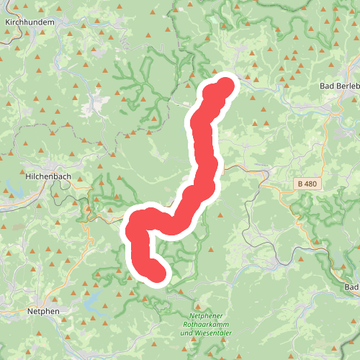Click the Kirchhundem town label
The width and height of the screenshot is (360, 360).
pyautogui.click(x=30, y=22)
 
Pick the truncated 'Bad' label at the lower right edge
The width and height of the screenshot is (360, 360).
pyautogui.click(x=351, y=287)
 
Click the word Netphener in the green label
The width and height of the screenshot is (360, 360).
pyautogui.click(x=207, y=316)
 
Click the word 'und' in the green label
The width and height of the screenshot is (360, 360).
pyautogui.click(x=186, y=333)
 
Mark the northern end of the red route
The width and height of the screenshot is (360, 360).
pyautogui.click(x=226, y=86)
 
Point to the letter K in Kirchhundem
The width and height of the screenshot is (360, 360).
pyautogui.click(x=7, y=22)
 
